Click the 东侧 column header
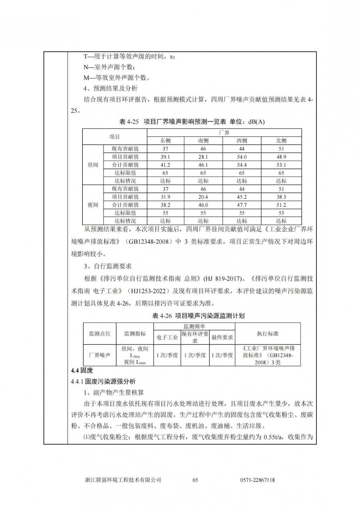(166, 141)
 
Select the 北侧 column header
(281, 141)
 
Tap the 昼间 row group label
(93, 165)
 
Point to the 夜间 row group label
(93, 205)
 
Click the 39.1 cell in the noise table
(166, 157)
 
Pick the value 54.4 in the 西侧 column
(242, 165)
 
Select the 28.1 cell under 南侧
(203, 157)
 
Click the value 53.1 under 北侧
(281, 165)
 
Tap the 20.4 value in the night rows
(203, 197)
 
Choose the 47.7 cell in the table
(242, 205)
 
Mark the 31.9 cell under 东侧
(166, 197)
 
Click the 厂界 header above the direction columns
(224, 133)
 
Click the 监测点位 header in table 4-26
(100, 334)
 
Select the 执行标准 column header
(267, 334)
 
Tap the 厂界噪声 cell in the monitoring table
(100, 355)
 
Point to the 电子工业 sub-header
(167, 337)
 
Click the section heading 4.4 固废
(82, 370)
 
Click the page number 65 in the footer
(195, 480)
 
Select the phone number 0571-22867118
(257, 480)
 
